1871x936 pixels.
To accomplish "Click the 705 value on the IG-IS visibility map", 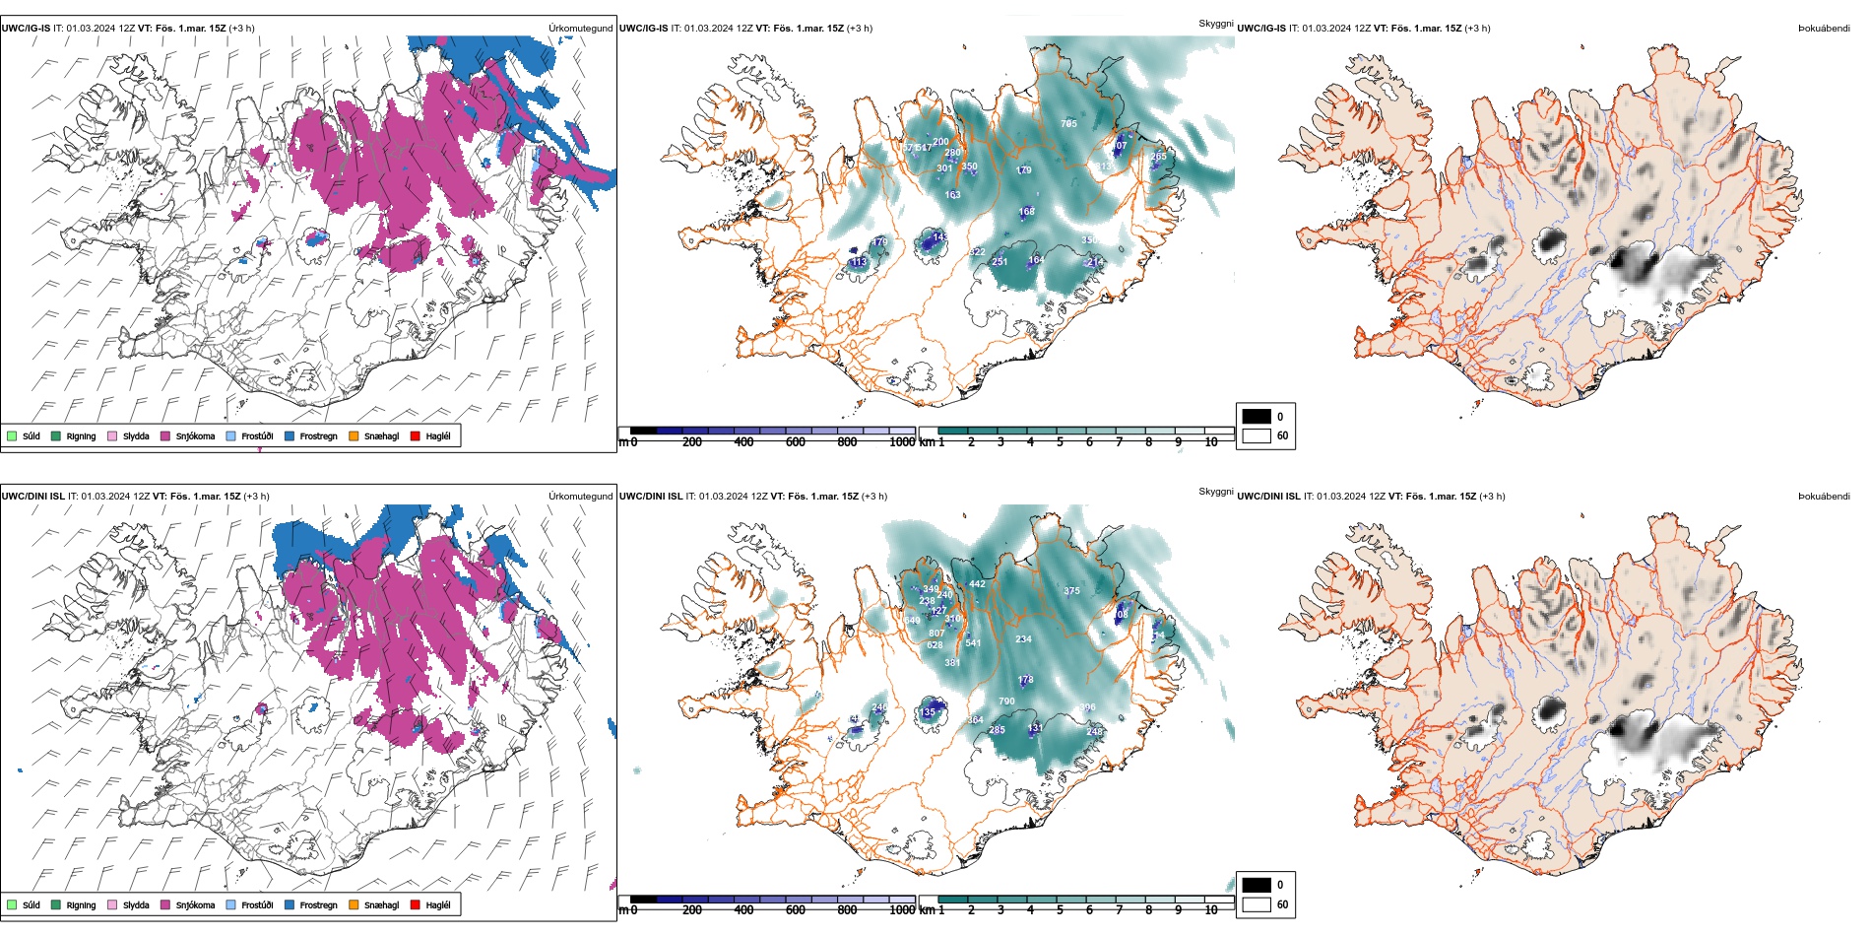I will point(1068,124).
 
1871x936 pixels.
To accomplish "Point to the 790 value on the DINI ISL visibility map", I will point(1006,702).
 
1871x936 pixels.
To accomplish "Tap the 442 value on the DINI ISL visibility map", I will point(977,584).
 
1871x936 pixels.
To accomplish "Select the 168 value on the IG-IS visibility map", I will point(1027,212).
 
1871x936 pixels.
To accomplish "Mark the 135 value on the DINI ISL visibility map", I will point(928,712).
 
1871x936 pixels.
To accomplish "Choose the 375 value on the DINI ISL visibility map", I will point(1071,591).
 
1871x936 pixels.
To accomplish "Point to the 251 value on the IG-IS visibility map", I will point(1000,262).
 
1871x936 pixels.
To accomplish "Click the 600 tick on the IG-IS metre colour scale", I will point(796,442).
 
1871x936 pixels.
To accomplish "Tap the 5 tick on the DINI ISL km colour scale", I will point(1060,910).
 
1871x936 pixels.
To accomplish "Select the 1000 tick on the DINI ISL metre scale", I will point(902,910).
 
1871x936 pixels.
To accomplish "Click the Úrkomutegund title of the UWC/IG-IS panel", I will point(580,29).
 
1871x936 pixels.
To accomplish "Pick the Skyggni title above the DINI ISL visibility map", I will point(1215,491).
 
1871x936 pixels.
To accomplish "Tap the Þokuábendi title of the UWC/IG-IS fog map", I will point(1824,29).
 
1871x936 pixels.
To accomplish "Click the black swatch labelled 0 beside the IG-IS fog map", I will point(1257,416).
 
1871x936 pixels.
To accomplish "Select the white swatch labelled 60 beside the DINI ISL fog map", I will point(1257,903).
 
